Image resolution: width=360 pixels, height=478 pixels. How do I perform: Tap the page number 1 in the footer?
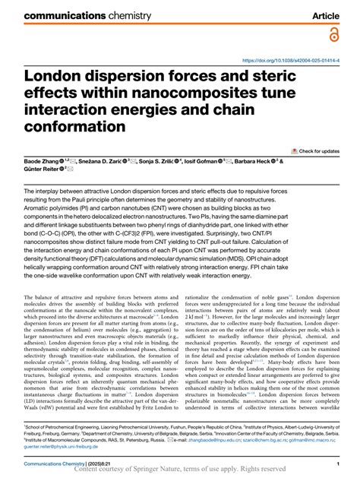point(346,463)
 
